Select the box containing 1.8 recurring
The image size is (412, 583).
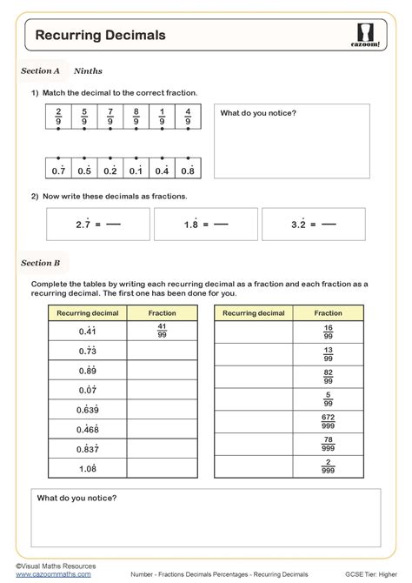[x=205, y=224]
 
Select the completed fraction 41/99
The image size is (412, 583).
[x=163, y=331]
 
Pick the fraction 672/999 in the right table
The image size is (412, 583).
[x=328, y=421]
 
